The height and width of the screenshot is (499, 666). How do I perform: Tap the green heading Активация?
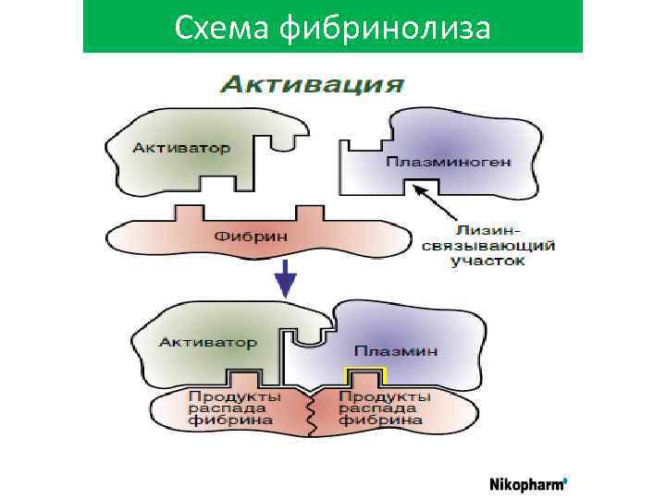(311, 86)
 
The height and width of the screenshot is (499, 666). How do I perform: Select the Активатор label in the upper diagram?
(180, 147)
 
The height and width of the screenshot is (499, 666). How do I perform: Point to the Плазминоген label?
(448, 162)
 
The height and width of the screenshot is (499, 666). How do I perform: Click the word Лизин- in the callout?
(487, 228)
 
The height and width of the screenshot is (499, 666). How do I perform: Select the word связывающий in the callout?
(487, 245)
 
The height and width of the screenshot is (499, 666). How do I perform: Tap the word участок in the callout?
(487, 262)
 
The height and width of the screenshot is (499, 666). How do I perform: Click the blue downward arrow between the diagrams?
(287, 277)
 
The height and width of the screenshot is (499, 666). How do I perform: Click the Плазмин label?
(396, 352)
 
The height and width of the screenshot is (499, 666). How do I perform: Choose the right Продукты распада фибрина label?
(384, 408)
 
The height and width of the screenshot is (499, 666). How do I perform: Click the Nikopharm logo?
(527, 482)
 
